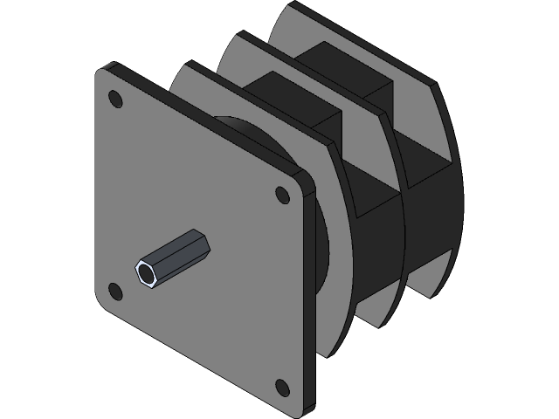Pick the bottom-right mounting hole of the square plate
281,385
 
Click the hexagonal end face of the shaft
146,272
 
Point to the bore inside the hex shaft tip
146,273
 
